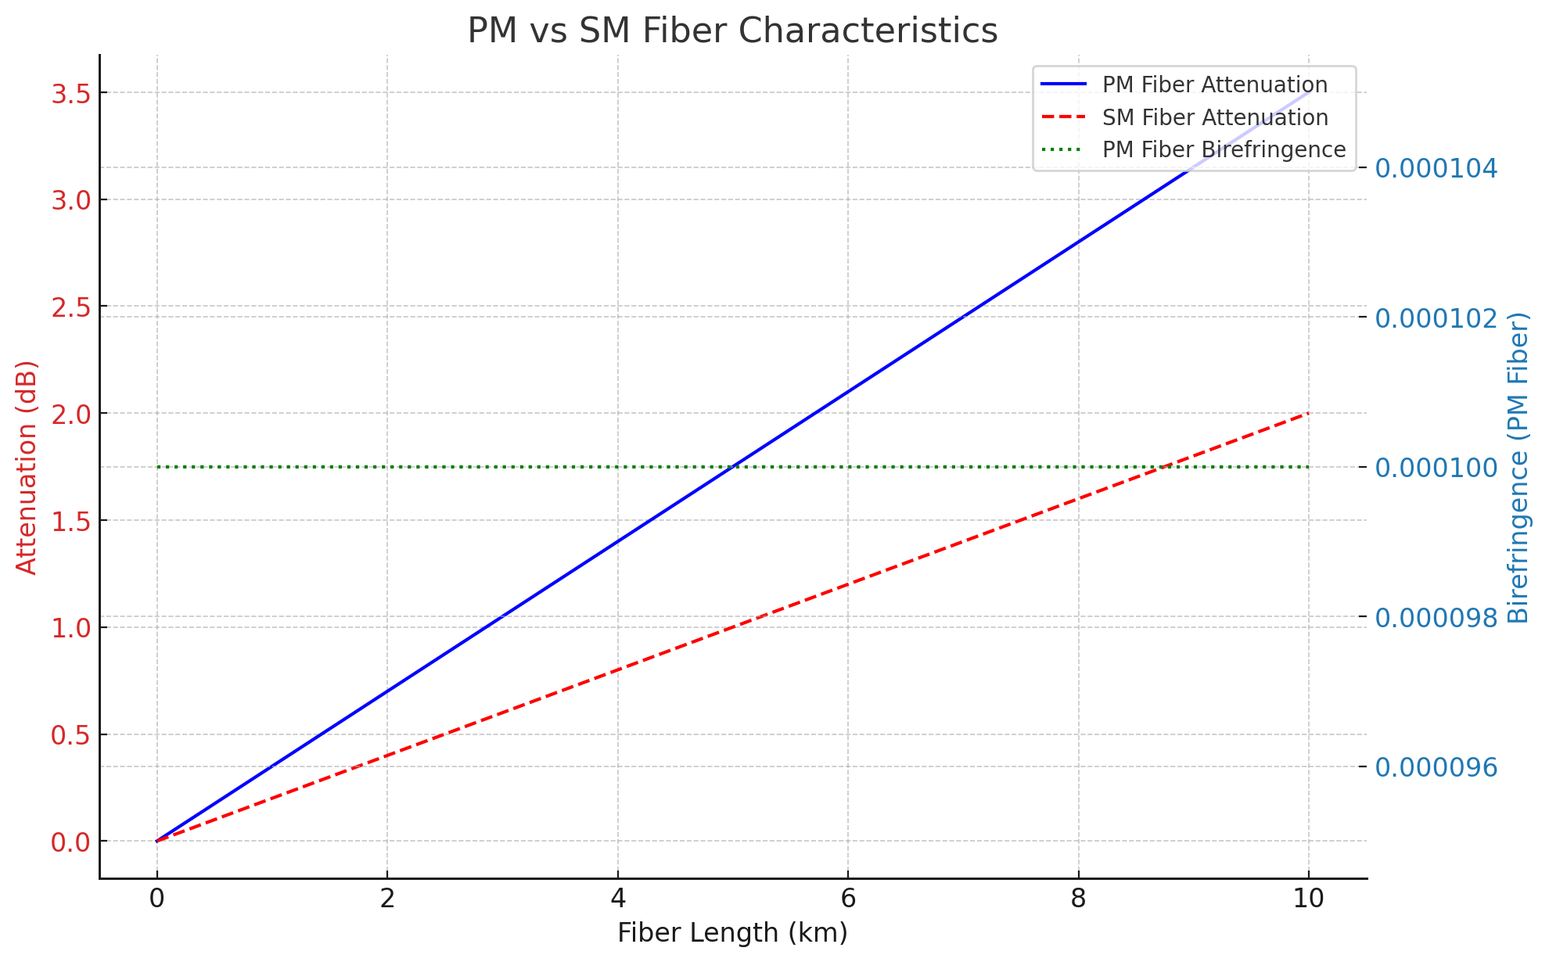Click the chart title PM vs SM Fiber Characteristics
pos(732,31)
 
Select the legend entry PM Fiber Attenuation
pos(1214,84)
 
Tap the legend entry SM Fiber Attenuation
pos(1214,117)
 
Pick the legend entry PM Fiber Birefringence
pos(1224,149)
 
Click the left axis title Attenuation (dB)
pos(27,467)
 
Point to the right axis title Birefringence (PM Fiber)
pos(1518,467)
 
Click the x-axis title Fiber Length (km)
pos(732,933)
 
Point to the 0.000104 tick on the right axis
pos(1436,168)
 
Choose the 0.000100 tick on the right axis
pos(1436,468)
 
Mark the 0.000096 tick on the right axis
pos(1436,767)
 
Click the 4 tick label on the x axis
pos(618,899)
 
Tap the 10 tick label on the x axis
pos(1309,899)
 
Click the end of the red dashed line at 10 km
pos(1309,413)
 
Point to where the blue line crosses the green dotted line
pos(733,467)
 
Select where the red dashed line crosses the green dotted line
pos(1165,467)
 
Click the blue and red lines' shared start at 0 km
pos(157,841)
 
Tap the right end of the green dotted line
pos(1309,467)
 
